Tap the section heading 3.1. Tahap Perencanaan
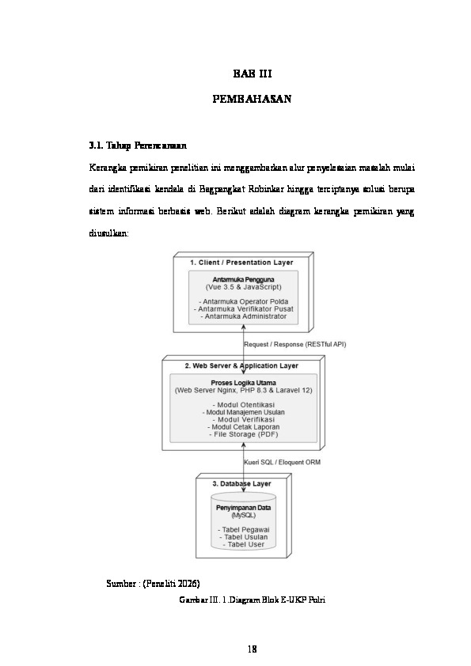coord(138,146)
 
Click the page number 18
coord(253,649)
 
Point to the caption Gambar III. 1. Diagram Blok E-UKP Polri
coord(253,600)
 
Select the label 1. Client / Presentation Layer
coord(241,262)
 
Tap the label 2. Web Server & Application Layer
coord(241,366)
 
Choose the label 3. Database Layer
coord(241,482)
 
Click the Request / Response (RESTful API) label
coord(294,344)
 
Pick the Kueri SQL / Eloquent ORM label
coord(282,462)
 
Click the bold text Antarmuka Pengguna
coord(243,279)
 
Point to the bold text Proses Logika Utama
coord(243,384)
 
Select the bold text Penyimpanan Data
coord(243,507)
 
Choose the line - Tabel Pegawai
coord(243,529)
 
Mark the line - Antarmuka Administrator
coord(243,316)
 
